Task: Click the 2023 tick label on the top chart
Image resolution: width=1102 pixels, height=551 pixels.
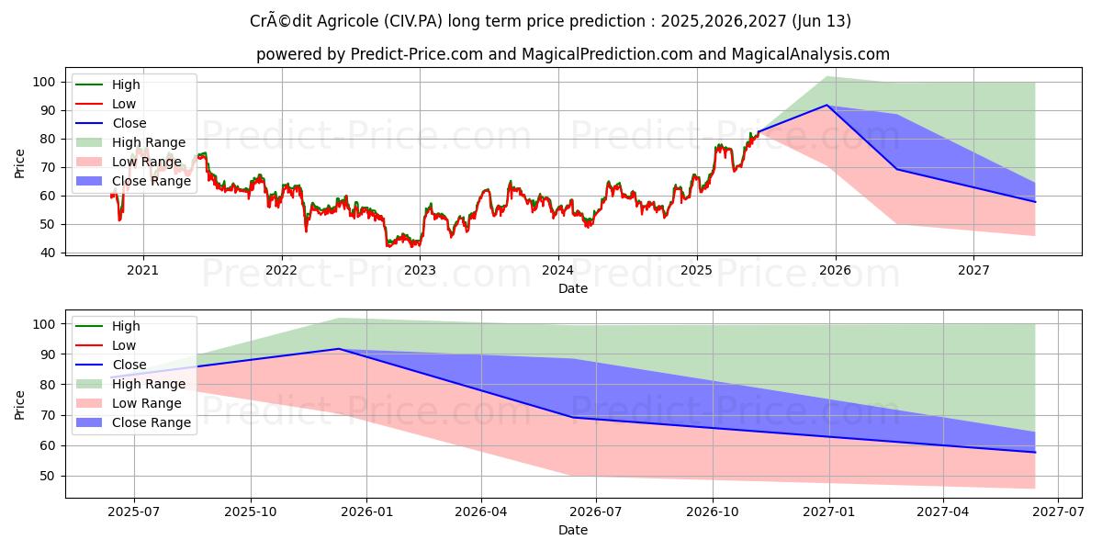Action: (420, 270)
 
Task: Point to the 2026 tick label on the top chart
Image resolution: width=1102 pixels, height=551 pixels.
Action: (835, 270)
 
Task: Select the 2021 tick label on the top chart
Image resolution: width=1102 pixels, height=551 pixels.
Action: (142, 270)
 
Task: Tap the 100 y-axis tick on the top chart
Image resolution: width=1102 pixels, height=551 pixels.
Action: (47, 82)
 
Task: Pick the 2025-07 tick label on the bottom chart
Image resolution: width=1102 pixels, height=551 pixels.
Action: (134, 512)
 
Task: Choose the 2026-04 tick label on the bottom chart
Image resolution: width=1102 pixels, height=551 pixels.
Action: (481, 512)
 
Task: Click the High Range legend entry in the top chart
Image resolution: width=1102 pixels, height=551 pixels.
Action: (148, 142)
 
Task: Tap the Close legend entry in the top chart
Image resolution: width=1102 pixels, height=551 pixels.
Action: (129, 123)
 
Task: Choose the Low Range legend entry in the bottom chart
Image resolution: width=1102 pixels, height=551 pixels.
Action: (146, 403)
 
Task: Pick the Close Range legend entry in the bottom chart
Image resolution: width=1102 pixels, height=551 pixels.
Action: (152, 422)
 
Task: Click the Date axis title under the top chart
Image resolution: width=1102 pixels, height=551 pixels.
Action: (573, 288)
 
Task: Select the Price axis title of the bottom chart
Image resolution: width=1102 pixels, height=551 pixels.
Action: (20, 404)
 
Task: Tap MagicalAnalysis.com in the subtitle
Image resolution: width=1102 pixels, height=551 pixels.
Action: (810, 54)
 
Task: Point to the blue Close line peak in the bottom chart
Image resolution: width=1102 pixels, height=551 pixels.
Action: (338, 349)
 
